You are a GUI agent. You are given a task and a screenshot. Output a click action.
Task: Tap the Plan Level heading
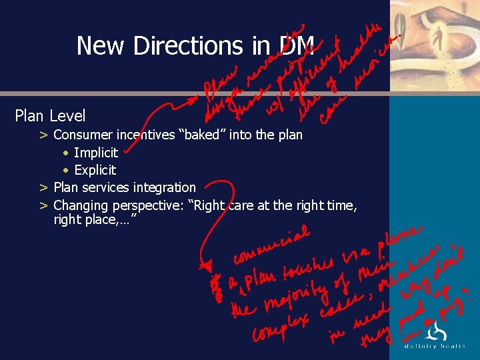point(50,116)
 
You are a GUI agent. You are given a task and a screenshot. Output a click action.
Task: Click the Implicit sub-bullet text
point(96,153)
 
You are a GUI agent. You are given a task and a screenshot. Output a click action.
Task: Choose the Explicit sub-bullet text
point(95,170)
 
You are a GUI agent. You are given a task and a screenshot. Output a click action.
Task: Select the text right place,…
point(95,219)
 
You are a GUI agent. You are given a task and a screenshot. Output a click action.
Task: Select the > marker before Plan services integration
point(43,187)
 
